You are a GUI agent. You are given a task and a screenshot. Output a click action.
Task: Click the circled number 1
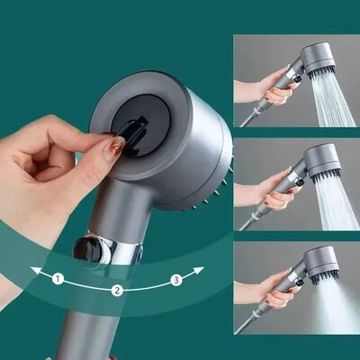tap(58, 279)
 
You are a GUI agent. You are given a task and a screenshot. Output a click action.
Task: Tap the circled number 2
tap(117, 290)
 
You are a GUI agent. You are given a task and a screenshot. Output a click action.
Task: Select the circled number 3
tap(176, 280)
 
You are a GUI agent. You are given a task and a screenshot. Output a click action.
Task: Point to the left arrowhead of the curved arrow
tap(32, 269)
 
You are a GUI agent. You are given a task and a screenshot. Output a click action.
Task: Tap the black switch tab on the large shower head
tap(136, 134)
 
